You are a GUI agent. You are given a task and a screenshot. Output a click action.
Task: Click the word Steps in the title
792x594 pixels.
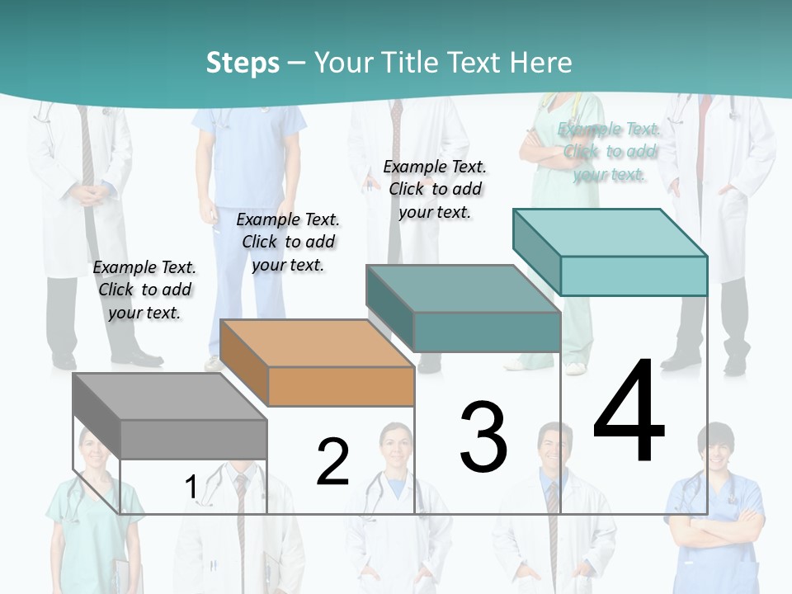click(x=243, y=63)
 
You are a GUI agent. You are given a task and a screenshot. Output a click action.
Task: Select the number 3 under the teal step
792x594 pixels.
click(x=483, y=436)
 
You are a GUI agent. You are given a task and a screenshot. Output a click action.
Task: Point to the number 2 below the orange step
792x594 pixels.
click(x=332, y=461)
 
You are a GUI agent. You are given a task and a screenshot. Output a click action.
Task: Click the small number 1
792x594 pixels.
click(x=191, y=487)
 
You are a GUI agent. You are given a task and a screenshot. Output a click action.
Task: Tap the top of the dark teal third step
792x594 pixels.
click(x=463, y=289)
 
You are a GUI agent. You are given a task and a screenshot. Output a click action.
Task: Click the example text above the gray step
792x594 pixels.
click(x=144, y=290)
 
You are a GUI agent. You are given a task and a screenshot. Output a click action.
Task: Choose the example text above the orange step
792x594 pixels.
click(x=288, y=242)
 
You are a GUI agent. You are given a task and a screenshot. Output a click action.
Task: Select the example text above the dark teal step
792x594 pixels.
click(x=435, y=189)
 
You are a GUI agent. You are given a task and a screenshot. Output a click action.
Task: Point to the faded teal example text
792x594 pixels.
click(x=609, y=151)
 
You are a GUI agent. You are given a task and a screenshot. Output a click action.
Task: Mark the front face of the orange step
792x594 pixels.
click(x=341, y=386)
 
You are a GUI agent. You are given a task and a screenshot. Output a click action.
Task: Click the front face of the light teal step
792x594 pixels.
click(x=634, y=276)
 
